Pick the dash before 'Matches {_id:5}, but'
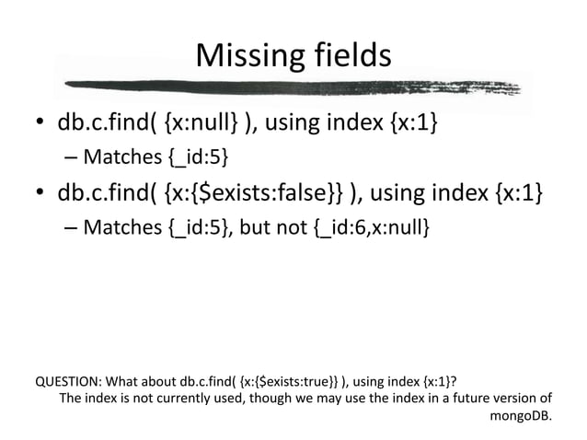pos(72,226)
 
